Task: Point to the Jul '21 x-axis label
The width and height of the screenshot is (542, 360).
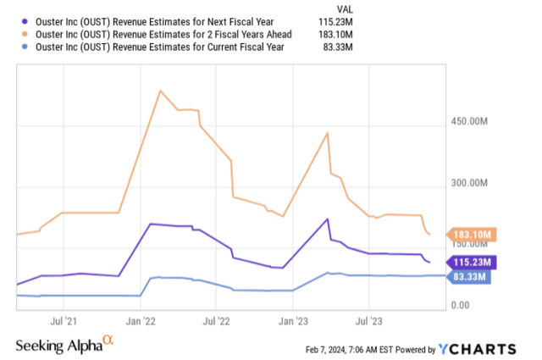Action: click(x=64, y=322)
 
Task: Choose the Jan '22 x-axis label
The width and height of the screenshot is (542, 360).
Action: click(x=141, y=322)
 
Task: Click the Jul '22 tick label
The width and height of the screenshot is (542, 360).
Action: click(x=216, y=322)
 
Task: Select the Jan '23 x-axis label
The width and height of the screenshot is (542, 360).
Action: click(x=293, y=322)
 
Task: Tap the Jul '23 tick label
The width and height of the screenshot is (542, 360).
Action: click(x=368, y=322)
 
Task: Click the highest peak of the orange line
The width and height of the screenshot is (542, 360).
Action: click(x=160, y=90)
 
